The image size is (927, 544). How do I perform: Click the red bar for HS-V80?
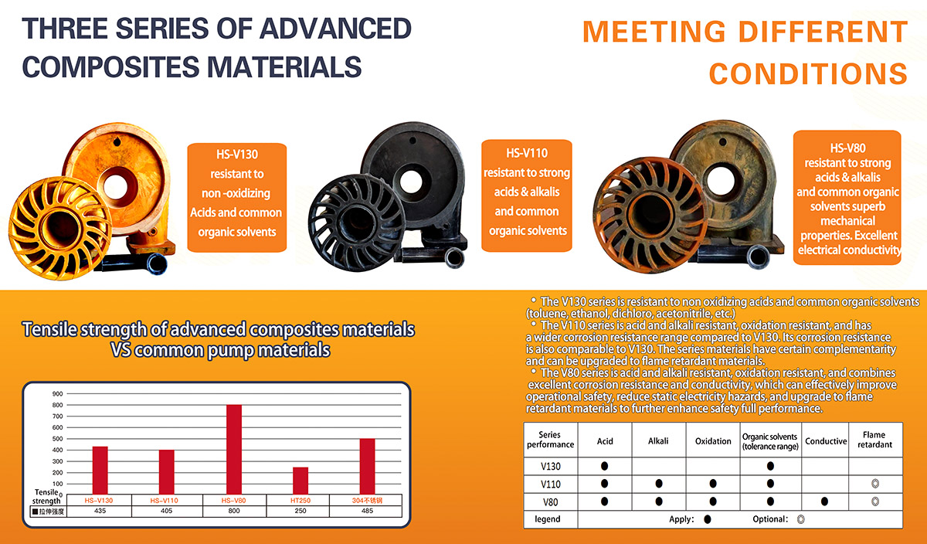pos(234,449)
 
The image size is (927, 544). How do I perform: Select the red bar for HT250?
pos(301,480)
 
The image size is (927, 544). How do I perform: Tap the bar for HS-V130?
pos(100,470)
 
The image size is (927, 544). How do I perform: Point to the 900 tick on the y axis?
pos(57,394)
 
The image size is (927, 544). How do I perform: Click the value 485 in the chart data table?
pos(367,511)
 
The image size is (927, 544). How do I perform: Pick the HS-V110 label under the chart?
pos(165,501)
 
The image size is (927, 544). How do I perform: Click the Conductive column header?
pos(826,441)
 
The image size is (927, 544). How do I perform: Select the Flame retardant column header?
pos(874,440)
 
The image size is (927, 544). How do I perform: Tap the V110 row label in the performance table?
pos(550,484)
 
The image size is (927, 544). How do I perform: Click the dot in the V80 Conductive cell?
pos(824,501)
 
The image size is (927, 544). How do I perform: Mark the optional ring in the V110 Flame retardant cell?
pos(874,484)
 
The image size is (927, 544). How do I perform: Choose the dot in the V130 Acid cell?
pos(604,466)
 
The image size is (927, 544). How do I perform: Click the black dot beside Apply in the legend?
pos(708,519)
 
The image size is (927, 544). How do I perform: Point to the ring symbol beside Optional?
pos(801,519)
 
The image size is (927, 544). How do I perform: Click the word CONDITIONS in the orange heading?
pos(808,73)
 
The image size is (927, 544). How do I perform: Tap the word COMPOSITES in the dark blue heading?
pos(110,67)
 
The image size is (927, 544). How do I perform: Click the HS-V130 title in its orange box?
pos(237,155)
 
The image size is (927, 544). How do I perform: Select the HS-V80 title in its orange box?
pos(847,148)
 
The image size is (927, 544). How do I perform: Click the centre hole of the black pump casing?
pos(411,182)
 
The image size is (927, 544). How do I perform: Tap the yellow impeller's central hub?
pos(60,228)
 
